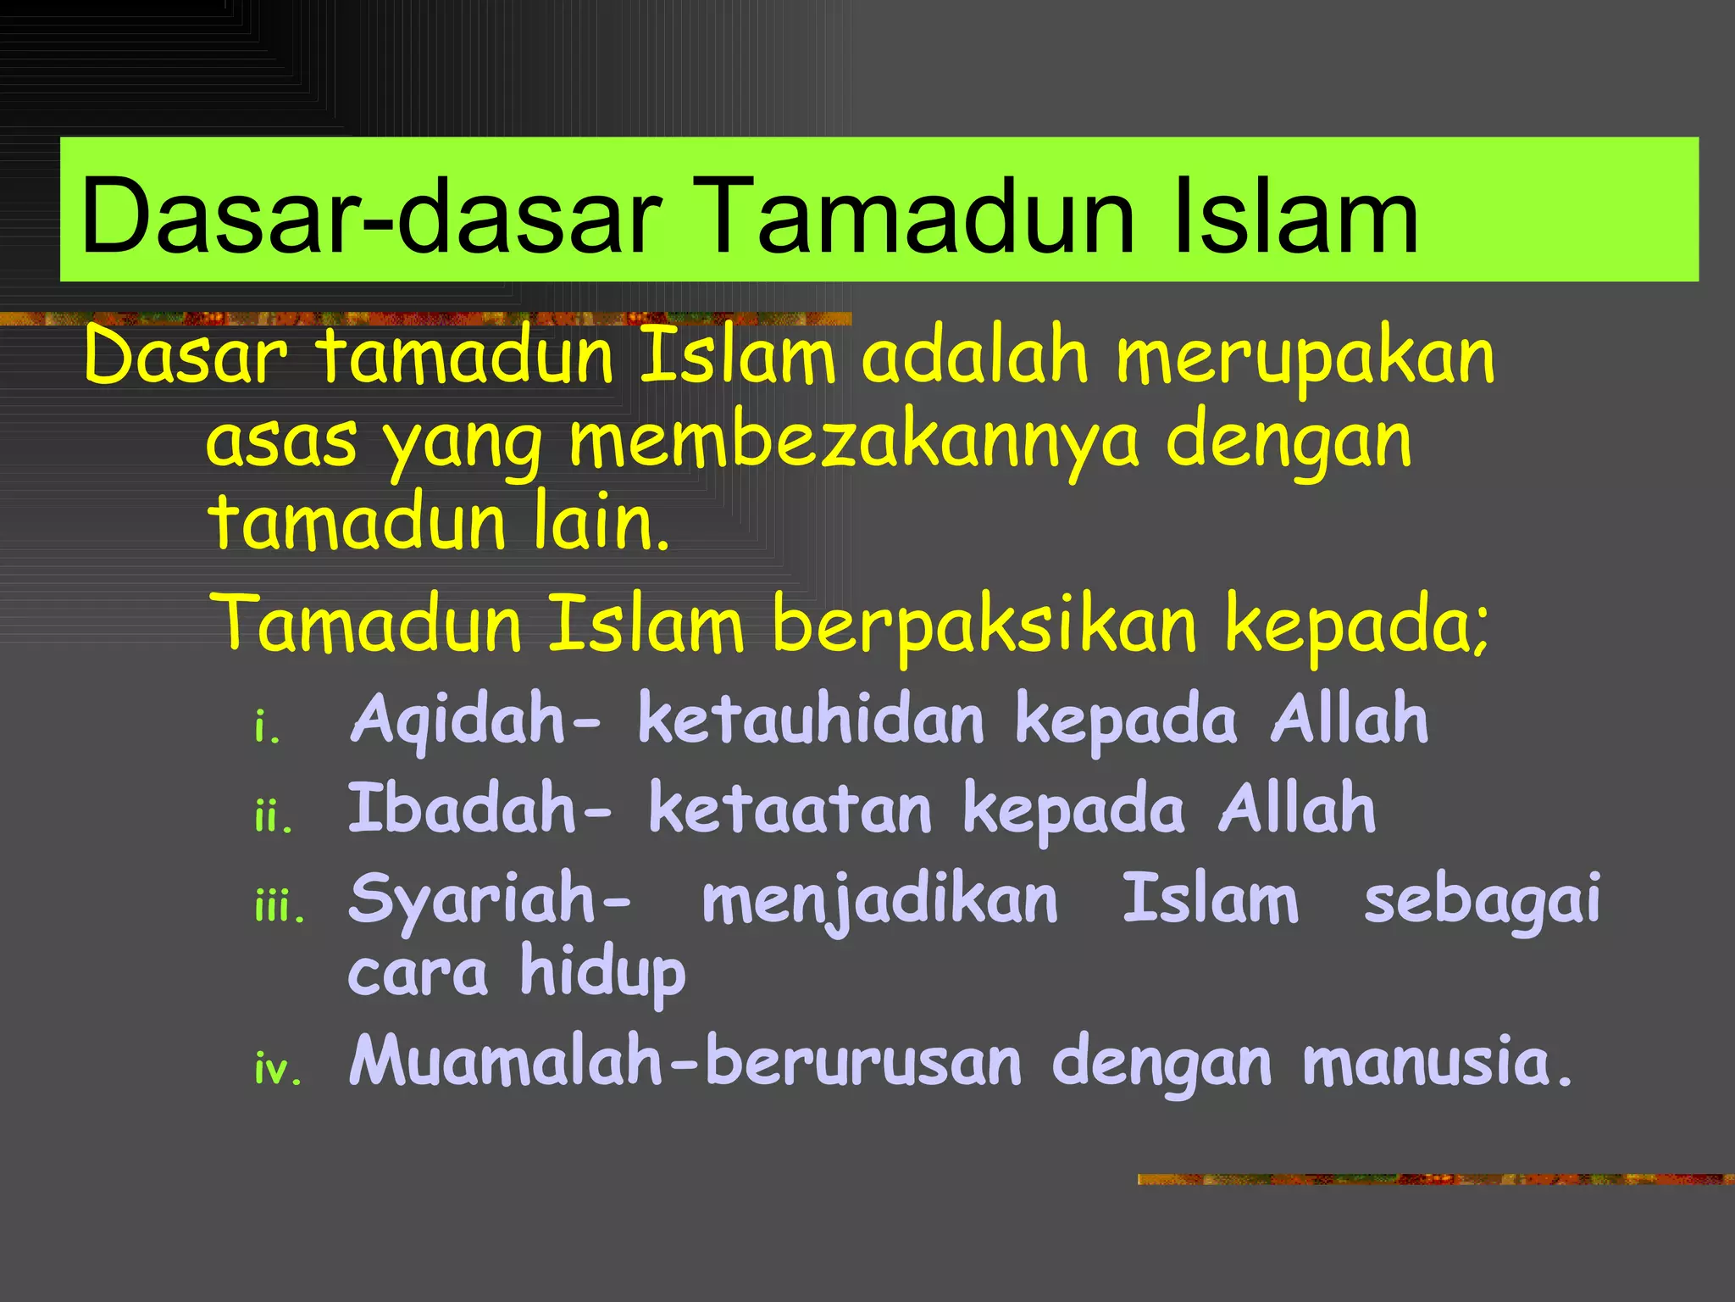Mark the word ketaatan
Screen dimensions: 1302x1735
(x=791, y=809)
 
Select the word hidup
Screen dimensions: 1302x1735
(x=602, y=973)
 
